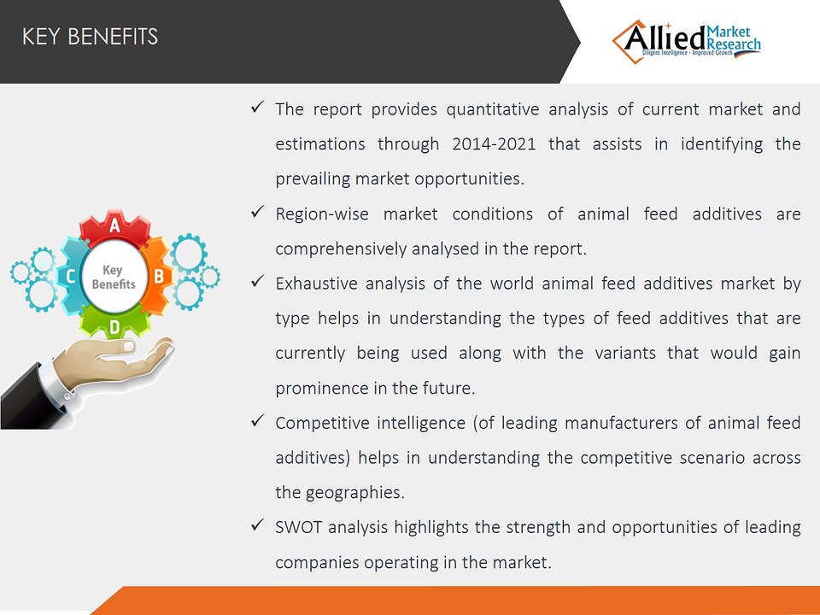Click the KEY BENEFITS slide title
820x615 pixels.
pyautogui.click(x=90, y=37)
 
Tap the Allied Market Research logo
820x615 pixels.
pyautogui.click(x=687, y=42)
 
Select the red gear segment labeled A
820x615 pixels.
pyautogui.click(x=114, y=227)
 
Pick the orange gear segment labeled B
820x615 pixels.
pyautogui.click(x=156, y=276)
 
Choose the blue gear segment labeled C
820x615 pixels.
pyautogui.click(x=72, y=276)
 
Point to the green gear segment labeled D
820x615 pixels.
pyautogui.click(x=114, y=322)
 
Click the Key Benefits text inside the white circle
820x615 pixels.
pyautogui.click(x=114, y=277)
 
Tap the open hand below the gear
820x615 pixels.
pyautogui.click(x=113, y=360)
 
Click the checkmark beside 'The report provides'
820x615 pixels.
pyautogui.click(x=257, y=108)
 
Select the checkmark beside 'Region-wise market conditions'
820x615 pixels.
pyautogui.click(x=257, y=212)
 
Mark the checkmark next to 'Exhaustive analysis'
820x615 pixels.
pyautogui.click(x=257, y=281)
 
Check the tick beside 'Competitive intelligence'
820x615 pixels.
pyautogui.click(x=257, y=421)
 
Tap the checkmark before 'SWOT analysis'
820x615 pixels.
pyautogui.click(x=257, y=525)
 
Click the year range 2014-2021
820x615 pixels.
pyautogui.click(x=495, y=143)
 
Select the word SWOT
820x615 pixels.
pyautogui.click(x=299, y=527)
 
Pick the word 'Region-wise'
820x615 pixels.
pyautogui.click(x=322, y=214)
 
